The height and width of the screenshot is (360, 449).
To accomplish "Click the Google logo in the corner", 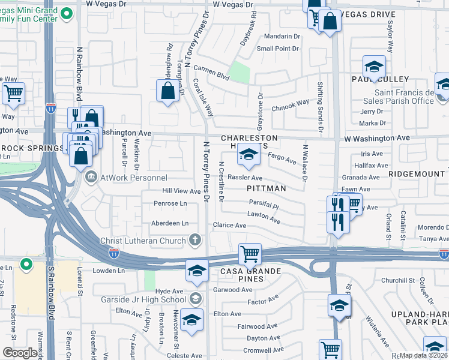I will point(19,353).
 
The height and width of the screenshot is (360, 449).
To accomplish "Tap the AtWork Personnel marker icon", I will point(91,176).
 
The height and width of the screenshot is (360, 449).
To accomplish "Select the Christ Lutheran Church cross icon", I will point(194,241).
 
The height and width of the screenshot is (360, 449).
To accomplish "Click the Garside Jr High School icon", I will point(195,299).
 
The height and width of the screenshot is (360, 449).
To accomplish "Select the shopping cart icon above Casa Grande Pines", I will point(249,253).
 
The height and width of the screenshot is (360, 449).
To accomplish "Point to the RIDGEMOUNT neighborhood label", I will point(416,173).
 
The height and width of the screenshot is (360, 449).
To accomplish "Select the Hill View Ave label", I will point(181,191).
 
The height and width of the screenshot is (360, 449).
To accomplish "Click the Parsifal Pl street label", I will point(264,205).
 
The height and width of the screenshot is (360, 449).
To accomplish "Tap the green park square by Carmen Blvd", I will point(240,72).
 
